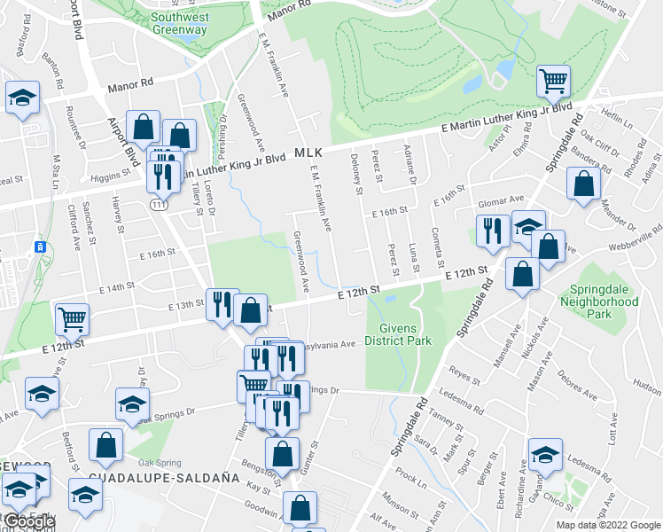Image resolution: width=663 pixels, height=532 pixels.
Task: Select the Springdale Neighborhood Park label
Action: (x=599, y=301)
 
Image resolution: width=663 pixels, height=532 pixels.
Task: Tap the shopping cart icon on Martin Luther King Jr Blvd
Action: (x=553, y=82)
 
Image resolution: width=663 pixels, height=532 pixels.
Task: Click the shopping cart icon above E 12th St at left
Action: (x=71, y=317)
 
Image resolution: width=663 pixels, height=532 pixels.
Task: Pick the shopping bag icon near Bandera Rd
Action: (x=583, y=184)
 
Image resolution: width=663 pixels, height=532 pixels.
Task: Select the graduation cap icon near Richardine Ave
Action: (x=545, y=455)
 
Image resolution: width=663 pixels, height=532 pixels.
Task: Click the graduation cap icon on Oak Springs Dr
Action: (x=132, y=404)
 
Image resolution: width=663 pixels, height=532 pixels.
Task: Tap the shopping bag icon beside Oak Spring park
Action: (x=105, y=447)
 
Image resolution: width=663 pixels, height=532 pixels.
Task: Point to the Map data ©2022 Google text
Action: (x=609, y=525)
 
